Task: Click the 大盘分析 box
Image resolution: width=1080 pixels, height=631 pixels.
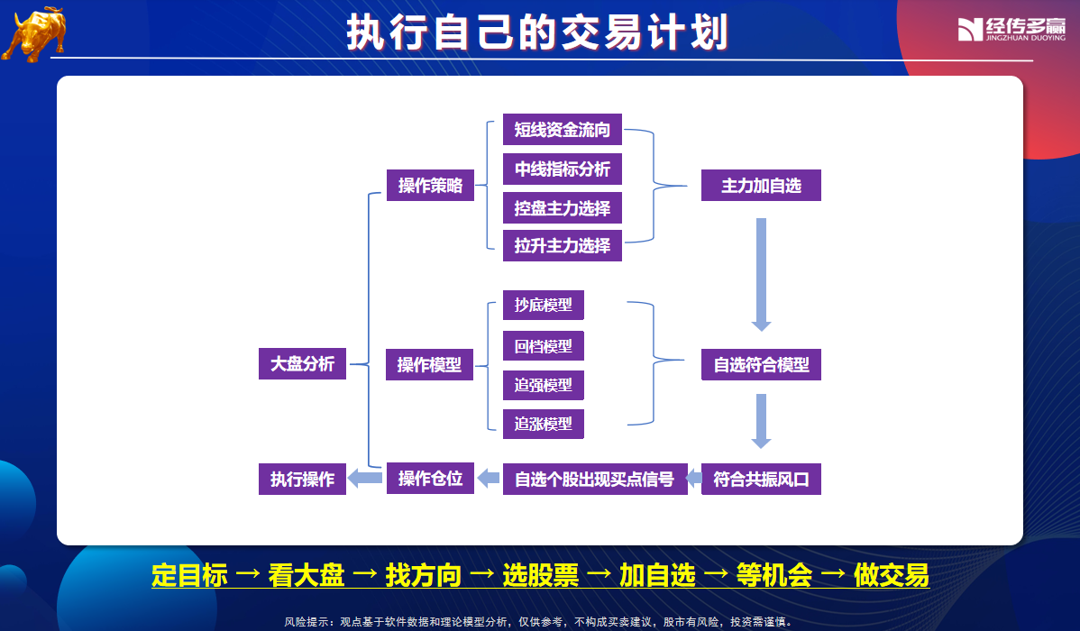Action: pyautogui.click(x=302, y=363)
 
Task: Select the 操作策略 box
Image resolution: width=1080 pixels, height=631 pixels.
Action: pyautogui.click(x=431, y=186)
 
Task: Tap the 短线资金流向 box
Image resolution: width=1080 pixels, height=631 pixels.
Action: pyautogui.click(x=562, y=130)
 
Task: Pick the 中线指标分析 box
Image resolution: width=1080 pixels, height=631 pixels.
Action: pyautogui.click(x=562, y=169)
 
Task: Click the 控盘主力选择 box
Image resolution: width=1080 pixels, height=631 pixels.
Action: pyautogui.click(x=562, y=208)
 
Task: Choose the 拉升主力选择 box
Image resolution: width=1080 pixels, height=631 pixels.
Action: pyautogui.click(x=562, y=246)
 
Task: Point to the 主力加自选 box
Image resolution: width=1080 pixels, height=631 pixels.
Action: pyautogui.click(x=761, y=186)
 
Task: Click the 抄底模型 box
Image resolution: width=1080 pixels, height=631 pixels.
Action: pyautogui.click(x=544, y=306)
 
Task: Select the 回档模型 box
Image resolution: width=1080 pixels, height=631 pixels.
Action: pyautogui.click(x=544, y=346)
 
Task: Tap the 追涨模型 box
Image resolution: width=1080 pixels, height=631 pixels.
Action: pyautogui.click(x=544, y=425)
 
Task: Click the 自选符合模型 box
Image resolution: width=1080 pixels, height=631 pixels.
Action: pyautogui.click(x=761, y=364)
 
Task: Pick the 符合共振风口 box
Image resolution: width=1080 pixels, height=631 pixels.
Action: pyautogui.click(x=761, y=479)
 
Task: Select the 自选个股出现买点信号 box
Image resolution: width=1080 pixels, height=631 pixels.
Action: pyautogui.click(x=595, y=479)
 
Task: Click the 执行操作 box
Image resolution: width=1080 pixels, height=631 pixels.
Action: pyautogui.click(x=302, y=479)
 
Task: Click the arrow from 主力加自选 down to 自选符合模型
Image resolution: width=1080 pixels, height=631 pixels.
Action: pyautogui.click(x=761, y=275)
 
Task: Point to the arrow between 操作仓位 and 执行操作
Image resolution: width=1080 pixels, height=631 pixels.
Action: pyautogui.click(x=365, y=478)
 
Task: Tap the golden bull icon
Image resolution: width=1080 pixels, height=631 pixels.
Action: pyautogui.click(x=35, y=33)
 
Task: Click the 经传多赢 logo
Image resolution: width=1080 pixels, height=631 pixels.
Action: pyautogui.click(x=1011, y=29)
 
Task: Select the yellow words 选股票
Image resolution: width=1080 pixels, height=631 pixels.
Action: pyautogui.click(x=541, y=575)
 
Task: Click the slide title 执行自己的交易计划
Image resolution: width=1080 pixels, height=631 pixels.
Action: pyautogui.click(x=537, y=32)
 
